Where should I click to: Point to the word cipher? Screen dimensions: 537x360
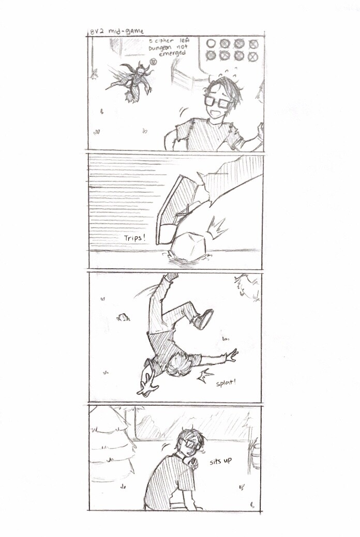point(165,40)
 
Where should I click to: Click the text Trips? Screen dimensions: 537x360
point(134,238)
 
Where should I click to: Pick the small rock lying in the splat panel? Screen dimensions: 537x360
point(124,317)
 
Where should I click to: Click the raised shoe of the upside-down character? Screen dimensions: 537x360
point(203,318)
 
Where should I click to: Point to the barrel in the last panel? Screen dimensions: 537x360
point(256,455)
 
